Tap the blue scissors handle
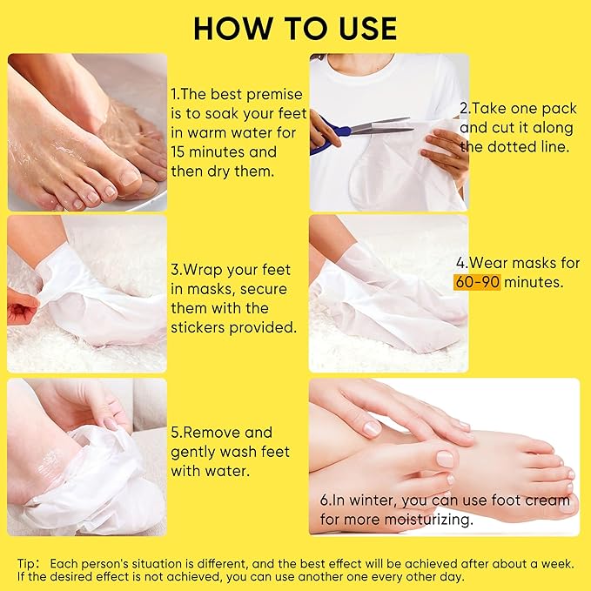tap(332, 133)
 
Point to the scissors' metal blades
tap(382, 125)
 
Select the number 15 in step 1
tap(180, 152)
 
